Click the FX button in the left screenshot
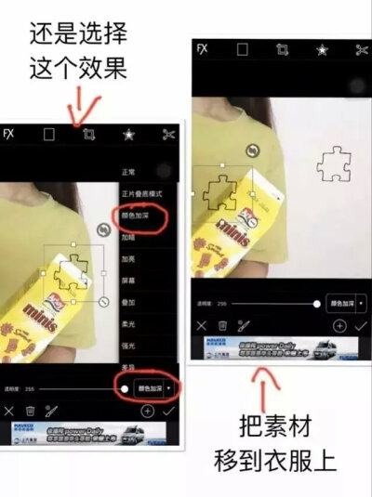point(9,134)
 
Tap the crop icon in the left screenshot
point(88,134)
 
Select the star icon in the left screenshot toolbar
point(128,134)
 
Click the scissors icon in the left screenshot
point(168,134)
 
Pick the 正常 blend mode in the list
point(129,172)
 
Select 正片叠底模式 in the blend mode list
point(142,193)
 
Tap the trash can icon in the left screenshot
point(30,410)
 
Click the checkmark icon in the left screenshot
point(169,410)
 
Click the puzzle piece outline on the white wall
point(332,164)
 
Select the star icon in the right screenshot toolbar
point(322,49)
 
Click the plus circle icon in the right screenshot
point(339,326)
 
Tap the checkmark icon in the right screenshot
point(361,326)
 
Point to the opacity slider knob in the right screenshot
point(316,304)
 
